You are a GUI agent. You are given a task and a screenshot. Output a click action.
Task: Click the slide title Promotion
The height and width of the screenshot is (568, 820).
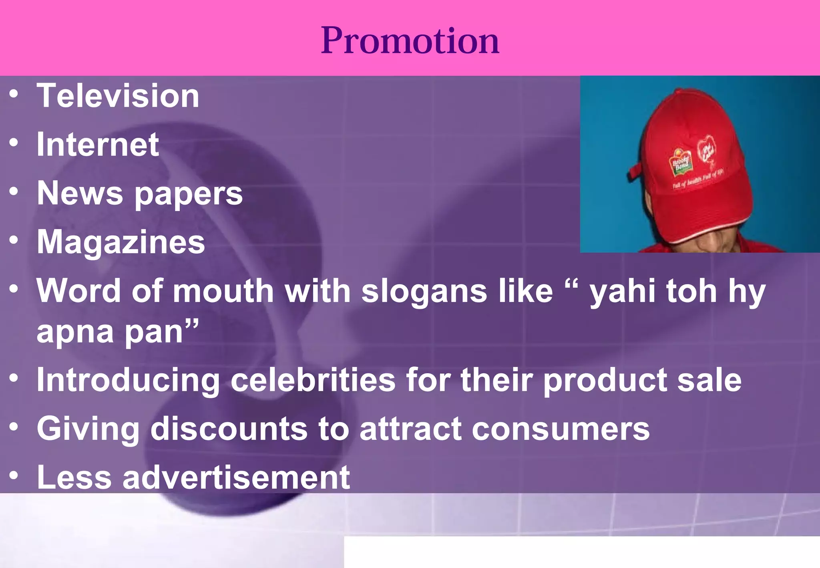(410, 40)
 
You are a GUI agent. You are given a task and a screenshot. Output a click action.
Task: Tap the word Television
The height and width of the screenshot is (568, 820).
(118, 96)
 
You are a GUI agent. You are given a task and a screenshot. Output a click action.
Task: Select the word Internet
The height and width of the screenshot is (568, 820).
(98, 145)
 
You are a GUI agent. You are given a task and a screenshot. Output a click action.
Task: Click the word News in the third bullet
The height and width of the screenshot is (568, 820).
(80, 193)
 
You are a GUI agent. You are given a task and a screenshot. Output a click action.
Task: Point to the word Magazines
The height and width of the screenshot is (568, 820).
(121, 242)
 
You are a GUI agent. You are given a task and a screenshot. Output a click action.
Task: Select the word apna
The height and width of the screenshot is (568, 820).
(75, 332)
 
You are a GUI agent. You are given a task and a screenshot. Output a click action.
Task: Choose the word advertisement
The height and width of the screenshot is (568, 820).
(236, 477)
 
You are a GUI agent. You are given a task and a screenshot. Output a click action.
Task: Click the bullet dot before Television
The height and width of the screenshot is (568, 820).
(14, 95)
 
